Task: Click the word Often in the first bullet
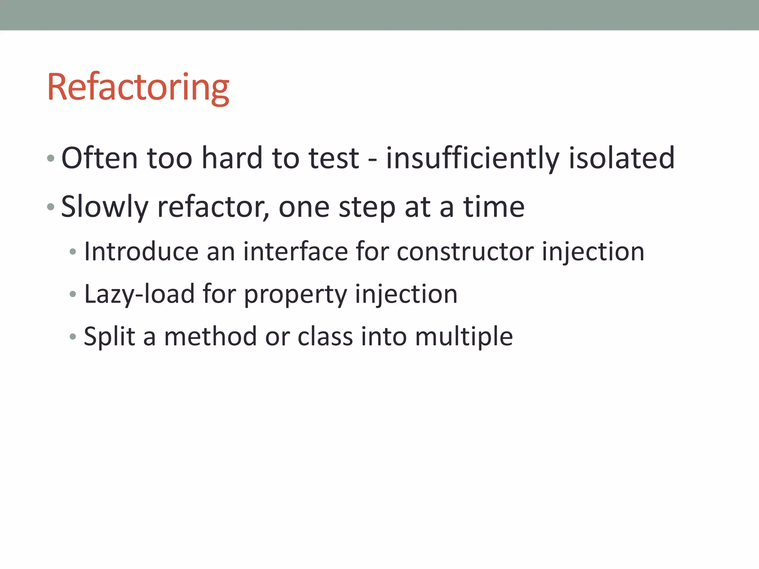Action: coord(99,158)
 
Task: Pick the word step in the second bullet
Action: coord(367,207)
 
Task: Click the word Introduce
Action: coord(141,252)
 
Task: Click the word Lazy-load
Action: coord(139,294)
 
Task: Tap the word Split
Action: coord(110,337)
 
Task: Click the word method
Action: coord(211,337)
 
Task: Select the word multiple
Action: coord(464,337)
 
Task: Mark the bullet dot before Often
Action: coord(51,159)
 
